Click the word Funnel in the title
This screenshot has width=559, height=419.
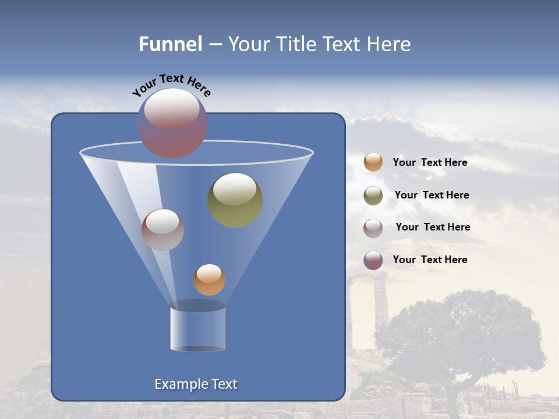171,44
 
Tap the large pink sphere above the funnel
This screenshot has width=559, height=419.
172,123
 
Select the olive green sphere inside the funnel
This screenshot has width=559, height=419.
235,200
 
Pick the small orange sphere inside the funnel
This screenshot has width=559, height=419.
209,280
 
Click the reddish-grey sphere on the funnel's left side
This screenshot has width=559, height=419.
162,230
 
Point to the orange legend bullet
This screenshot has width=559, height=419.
373,162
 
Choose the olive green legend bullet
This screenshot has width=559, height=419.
373,195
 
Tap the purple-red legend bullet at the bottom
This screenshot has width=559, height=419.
373,260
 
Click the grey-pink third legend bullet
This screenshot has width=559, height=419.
373,228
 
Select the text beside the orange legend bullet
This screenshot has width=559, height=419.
430,162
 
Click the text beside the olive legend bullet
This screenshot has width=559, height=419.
431,195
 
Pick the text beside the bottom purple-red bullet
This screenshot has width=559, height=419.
430,260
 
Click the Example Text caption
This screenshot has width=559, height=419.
196,384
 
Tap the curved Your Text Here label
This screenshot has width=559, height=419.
172,85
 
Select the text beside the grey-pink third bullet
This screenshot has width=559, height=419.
433,227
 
